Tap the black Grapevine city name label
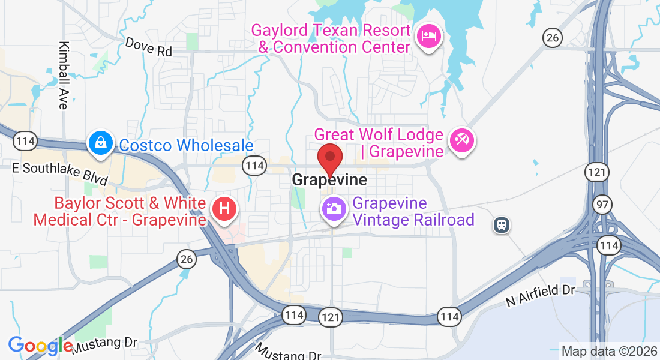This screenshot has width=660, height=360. pyautogui.click(x=329, y=179)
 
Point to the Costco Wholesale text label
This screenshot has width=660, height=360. pyautogui.click(x=186, y=146)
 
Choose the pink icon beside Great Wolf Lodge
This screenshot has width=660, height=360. pyautogui.click(x=463, y=142)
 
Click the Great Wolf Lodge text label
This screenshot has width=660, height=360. pyautogui.click(x=379, y=143)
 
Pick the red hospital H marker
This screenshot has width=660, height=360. pyautogui.click(x=224, y=209)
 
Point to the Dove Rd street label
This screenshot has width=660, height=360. pyautogui.click(x=148, y=47)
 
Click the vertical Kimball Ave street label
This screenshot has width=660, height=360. pyautogui.click(x=63, y=75)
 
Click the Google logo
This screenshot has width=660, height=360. pyautogui.click(x=40, y=346)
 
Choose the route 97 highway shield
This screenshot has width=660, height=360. pyautogui.click(x=602, y=205)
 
